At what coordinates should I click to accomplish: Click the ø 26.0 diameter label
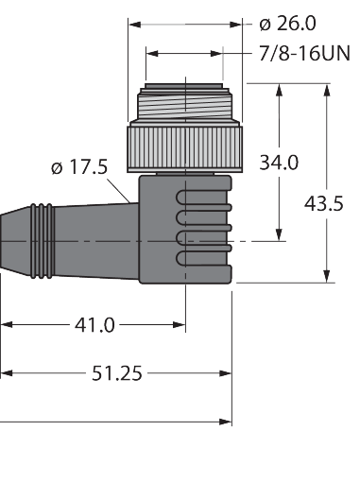tap(287, 24)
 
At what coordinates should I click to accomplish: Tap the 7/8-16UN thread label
tap(304, 53)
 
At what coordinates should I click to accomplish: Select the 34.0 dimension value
tap(279, 163)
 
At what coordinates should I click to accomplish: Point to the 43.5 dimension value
tap(323, 203)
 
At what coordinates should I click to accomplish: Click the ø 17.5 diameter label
tap(79, 166)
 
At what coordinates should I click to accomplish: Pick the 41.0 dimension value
tap(94, 325)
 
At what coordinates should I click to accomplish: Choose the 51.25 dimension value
tap(117, 373)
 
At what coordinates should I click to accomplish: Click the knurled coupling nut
tap(185, 149)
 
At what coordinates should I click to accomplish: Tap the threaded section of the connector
tap(185, 104)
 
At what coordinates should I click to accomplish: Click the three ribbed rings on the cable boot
tap(43, 241)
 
